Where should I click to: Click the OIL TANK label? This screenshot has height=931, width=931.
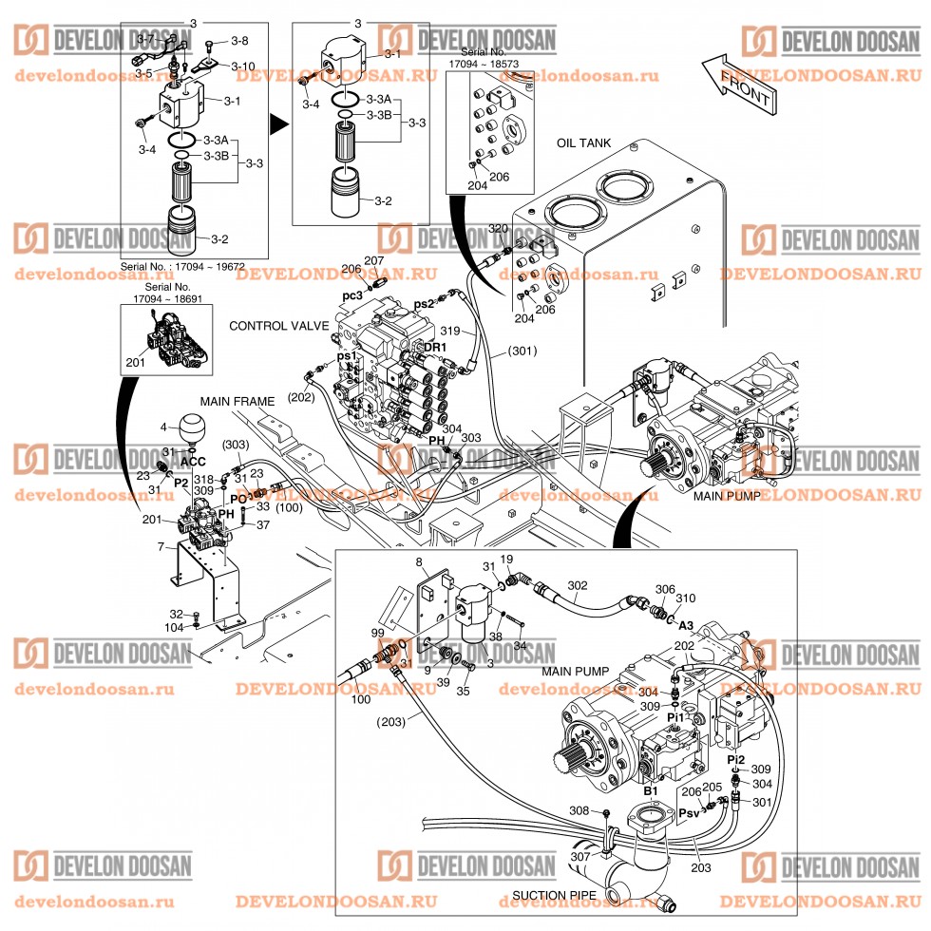click(583, 143)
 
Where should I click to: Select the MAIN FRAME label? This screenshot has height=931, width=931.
click(237, 403)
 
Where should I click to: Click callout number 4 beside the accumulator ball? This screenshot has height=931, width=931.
click(162, 427)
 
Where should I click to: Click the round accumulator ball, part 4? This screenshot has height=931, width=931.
click(193, 425)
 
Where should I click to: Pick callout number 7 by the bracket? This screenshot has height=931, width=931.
click(161, 546)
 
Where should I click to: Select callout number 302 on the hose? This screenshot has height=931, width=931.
click(578, 586)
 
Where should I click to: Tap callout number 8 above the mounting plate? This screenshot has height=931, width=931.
click(419, 564)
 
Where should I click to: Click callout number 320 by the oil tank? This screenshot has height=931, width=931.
click(498, 229)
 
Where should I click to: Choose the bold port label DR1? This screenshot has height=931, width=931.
click(436, 349)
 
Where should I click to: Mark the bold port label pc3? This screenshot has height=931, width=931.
click(353, 296)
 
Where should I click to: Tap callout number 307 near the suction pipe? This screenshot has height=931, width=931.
click(579, 857)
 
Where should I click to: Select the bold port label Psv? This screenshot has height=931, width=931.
click(690, 814)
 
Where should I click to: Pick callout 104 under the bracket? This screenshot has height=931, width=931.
click(174, 628)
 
